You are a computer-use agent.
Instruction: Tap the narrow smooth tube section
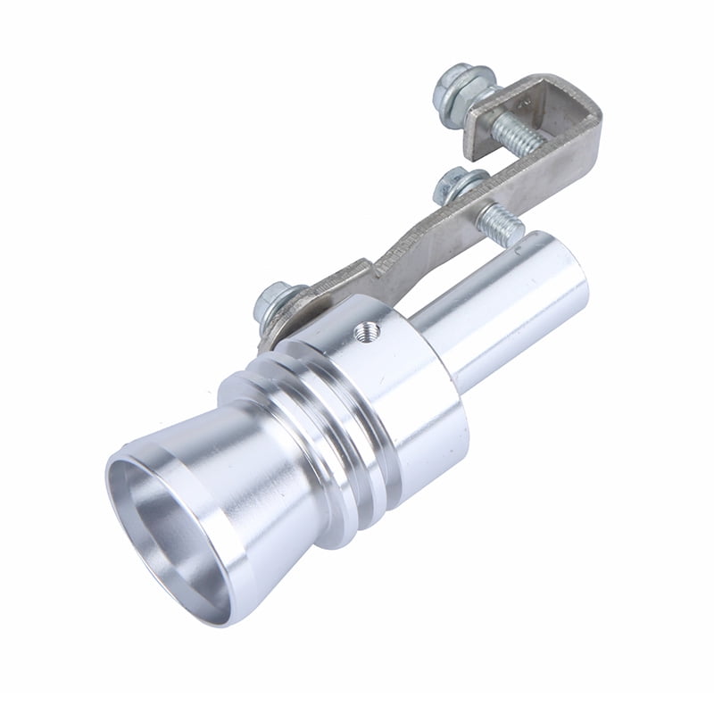pos(500,303)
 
